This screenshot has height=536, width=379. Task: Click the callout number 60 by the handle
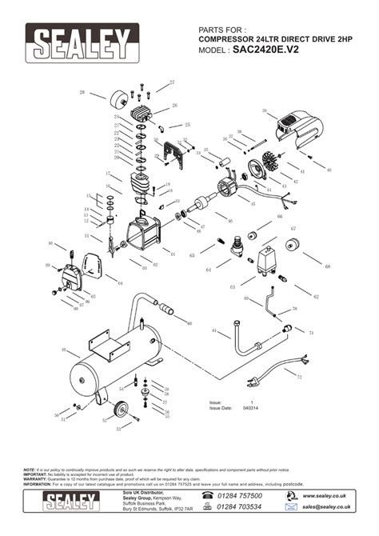[189, 323]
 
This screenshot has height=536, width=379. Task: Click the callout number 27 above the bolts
[171, 82]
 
